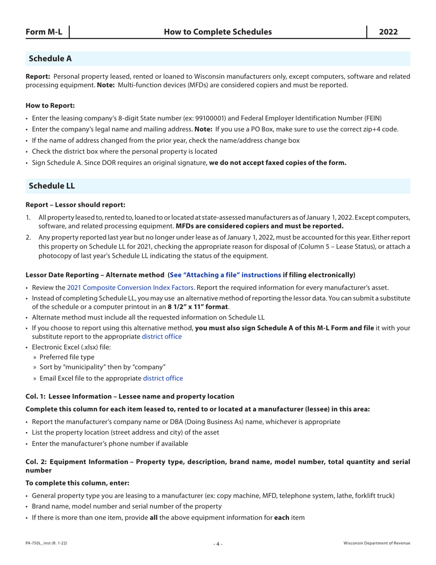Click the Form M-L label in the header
44,32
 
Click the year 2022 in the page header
388,32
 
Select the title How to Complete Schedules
218,32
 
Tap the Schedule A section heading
50,59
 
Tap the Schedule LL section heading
52,186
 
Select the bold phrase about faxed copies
278,162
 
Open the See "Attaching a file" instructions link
225,275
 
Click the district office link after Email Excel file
163,379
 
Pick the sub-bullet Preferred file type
67,357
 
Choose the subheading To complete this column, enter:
78,483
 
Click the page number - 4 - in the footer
218,544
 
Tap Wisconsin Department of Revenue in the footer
377,543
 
